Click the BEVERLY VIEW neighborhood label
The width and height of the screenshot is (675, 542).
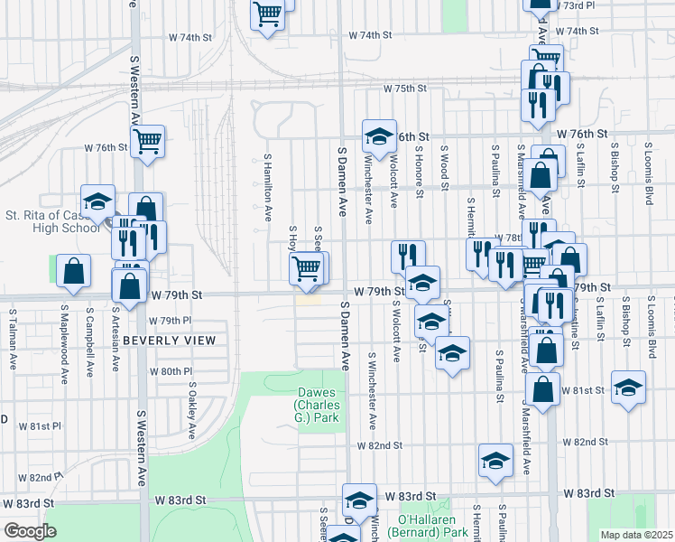pyautogui.click(x=169, y=341)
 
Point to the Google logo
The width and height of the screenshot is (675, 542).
pyautogui.click(x=29, y=531)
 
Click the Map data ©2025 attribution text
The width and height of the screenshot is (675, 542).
pyautogui.click(x=637, y=535)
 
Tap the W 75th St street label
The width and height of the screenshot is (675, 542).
pyautogui.click(x=403, y=89)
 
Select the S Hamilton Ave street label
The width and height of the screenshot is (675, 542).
pyautogui.click(x=268, y=187)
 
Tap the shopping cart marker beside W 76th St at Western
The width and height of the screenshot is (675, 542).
pyautogui.click(x=147, y=141)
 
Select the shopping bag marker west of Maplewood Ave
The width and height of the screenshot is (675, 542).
pyautogui.click(x=73, y=270)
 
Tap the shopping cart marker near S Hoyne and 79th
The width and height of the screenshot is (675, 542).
pyautogui.click(x=306, y=267)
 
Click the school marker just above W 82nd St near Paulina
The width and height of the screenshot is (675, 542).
pyautogui.click(x=495, y=461)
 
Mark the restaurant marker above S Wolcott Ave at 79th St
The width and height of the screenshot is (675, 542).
pyautogui.click(x=408, y=255)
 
